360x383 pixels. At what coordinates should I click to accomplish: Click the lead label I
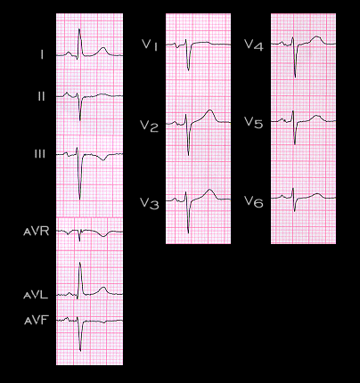[42, 54]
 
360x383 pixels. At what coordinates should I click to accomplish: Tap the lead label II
[41, 97]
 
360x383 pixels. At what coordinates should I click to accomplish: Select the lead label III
[40, 154]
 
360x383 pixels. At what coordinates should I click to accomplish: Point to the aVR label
[36, 232]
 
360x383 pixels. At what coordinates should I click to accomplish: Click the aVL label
[36, 295]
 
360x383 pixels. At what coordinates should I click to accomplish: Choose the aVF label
[36, 321]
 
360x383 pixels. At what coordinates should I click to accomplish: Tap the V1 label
[150, 45]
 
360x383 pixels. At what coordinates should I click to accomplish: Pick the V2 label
[150, 126]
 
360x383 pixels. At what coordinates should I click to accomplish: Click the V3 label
[150, 204]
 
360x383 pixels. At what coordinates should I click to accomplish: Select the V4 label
[254, 45]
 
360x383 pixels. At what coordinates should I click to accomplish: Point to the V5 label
[254, 122]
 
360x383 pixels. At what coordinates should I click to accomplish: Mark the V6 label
[254, 201]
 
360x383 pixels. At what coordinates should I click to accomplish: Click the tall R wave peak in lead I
[79, 29]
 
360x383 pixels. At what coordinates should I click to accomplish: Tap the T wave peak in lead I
[103, 47]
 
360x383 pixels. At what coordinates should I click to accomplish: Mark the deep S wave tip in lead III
[79, 199]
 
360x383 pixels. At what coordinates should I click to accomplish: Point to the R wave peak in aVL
[79, 263]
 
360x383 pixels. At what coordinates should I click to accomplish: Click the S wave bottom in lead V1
[188, 70]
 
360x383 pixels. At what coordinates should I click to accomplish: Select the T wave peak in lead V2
[210, 110]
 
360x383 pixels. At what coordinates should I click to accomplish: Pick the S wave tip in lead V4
[295, 77]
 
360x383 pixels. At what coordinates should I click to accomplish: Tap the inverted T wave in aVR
[103, 236]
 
